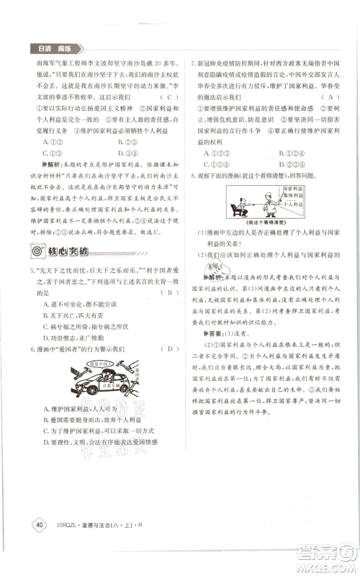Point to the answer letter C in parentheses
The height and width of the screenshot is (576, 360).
tap(167, 96)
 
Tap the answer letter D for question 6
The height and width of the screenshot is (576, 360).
tap(168, 349)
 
